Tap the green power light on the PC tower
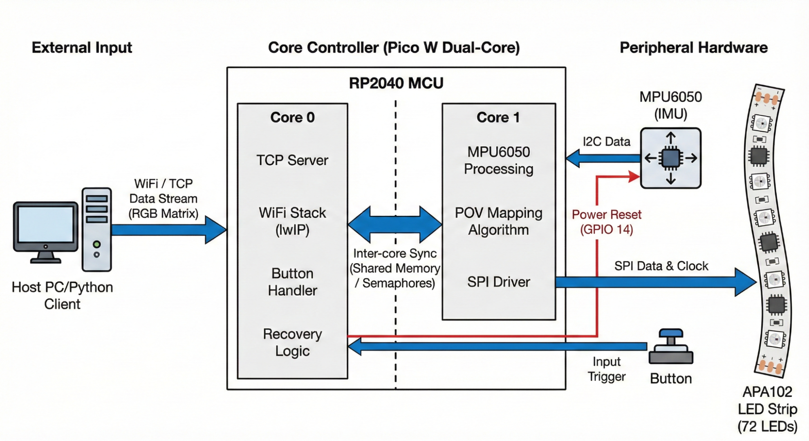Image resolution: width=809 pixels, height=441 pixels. point(97,244)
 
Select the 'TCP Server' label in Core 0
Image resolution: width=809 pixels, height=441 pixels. point(292,160)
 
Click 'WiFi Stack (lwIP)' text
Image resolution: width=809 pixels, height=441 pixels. point(292,221)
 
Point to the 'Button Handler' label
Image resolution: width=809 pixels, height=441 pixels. point(292,282)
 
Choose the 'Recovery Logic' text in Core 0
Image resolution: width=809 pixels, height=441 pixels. point(292,342)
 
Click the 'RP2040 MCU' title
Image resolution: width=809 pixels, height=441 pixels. point(396,83)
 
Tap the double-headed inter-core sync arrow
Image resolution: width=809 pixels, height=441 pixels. point(395,225)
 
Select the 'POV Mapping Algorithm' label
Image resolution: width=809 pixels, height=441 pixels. point(498,221)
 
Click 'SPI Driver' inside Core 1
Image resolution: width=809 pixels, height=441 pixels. point(498,282)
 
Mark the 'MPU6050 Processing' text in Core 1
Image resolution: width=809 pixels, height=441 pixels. point(498,160)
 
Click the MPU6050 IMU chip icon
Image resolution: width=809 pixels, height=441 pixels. point(671,158)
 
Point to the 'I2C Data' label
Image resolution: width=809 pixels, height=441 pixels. point(606,141)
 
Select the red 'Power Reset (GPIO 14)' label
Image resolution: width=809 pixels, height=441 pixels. point(606,222)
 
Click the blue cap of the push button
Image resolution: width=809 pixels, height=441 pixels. point(671,333)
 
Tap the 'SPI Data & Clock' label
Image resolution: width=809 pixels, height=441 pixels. point(661,266)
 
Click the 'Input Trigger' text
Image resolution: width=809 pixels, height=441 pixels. point(606,369)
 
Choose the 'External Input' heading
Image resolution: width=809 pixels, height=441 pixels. point(82,48)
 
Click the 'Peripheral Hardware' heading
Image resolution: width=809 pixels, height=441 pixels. point(693,48)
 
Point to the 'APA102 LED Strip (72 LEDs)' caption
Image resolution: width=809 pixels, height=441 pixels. point(767,409)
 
